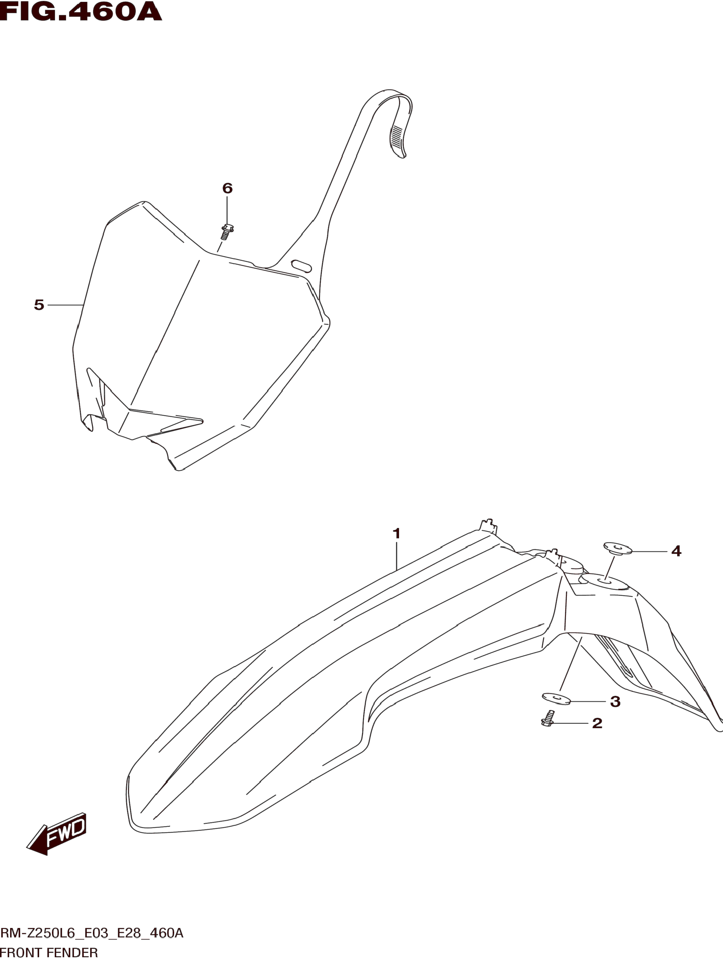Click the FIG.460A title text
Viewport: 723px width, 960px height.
coord(81,12)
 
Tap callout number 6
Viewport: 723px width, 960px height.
coord(227,188)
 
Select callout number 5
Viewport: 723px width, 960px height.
coord(39,305)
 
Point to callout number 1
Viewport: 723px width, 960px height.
coord(396,534)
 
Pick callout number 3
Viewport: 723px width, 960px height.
coord(615,701)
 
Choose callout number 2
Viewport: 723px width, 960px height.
coord(597,723)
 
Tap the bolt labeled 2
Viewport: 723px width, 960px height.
coord(548,718)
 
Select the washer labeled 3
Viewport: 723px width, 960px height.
coord(556,698)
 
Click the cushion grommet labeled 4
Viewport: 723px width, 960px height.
coord(617,548)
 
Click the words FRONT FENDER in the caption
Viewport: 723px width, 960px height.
coord(49,953)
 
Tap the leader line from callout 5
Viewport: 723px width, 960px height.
coord(65,306)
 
